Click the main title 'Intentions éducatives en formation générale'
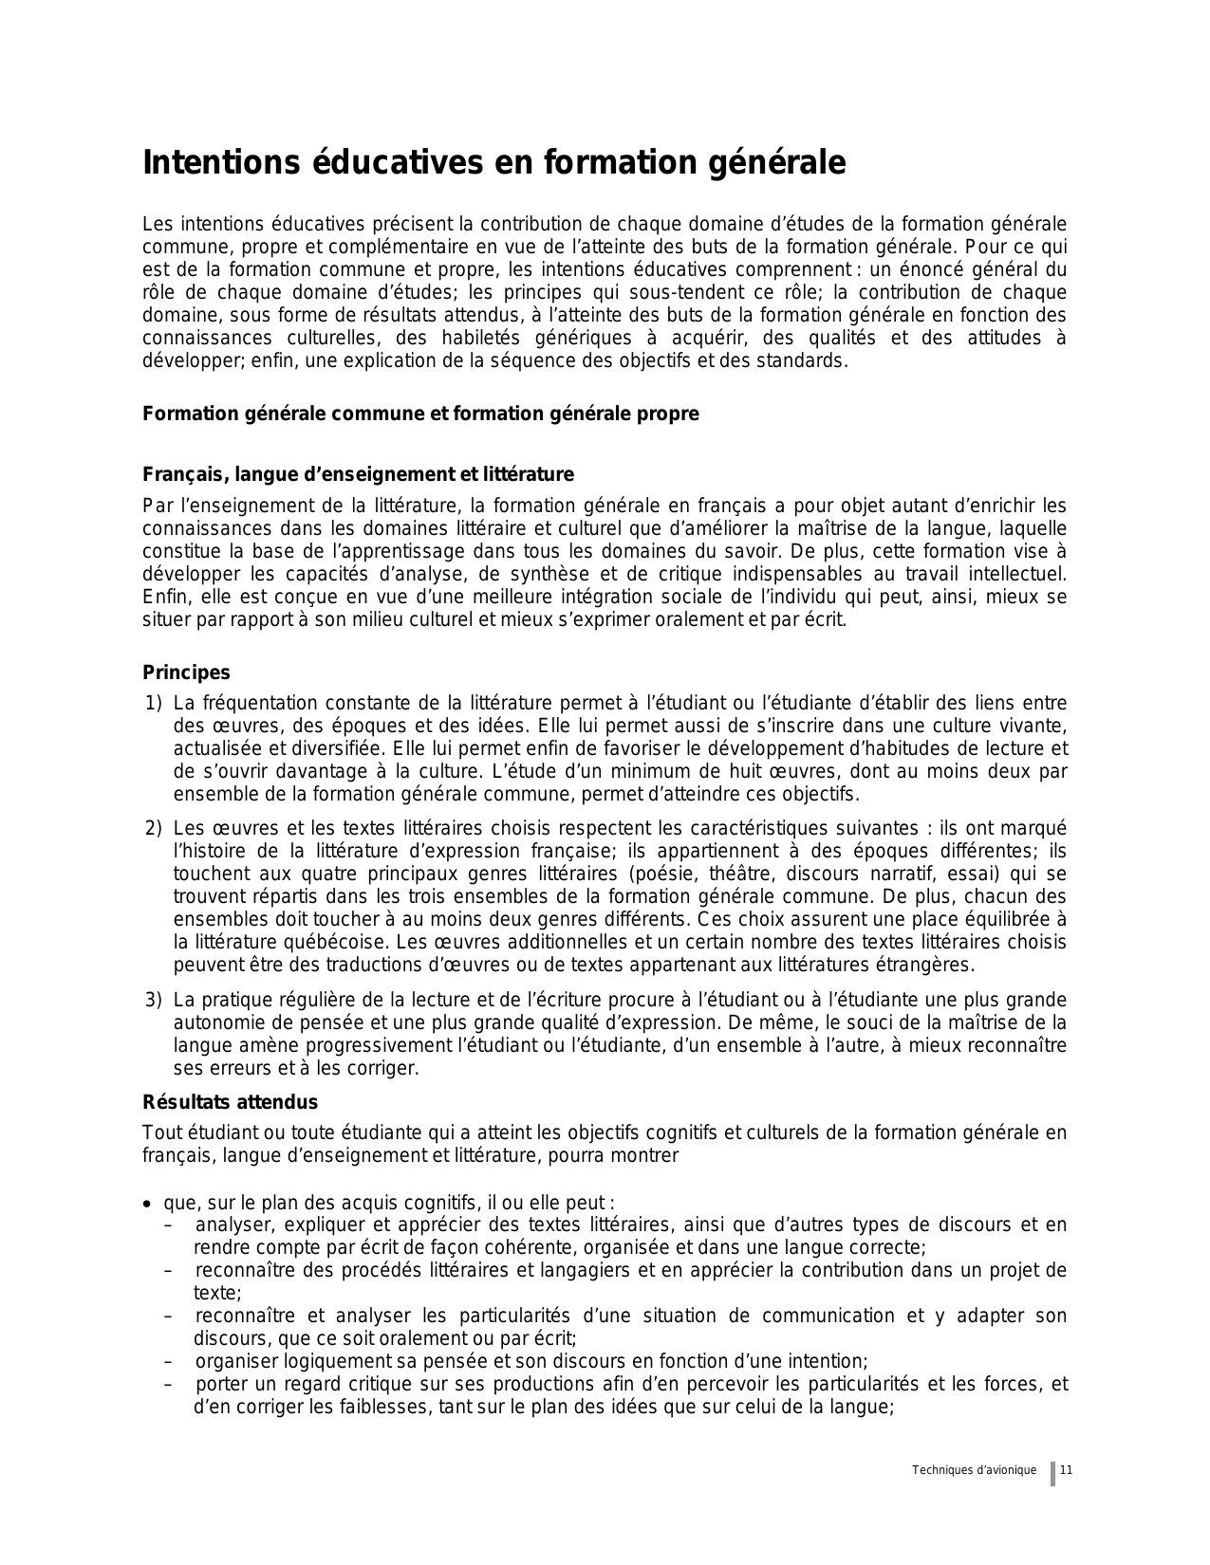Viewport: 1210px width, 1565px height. (x=493, y=163)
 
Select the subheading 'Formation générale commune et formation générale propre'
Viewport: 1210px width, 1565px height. (x=420, y=414)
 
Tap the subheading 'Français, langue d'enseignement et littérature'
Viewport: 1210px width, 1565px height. (x=358, y=474)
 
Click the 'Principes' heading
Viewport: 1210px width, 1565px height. (x=186, y=672)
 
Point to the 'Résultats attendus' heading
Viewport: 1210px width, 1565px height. (x=230, y=1102)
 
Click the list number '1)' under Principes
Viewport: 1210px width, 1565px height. (x=154, y=703)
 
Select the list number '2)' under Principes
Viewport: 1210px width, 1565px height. (x=154, y=828)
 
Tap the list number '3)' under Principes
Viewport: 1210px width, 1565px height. (x=154, y=1000)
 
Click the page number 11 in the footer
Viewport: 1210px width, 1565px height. (x=1066, y=1470)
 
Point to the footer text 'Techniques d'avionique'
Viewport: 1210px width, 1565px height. (x=974, y=1470)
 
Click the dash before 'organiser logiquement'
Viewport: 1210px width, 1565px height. (x=168, y=1362)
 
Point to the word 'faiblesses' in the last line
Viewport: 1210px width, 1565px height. (x=383, y=1407)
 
